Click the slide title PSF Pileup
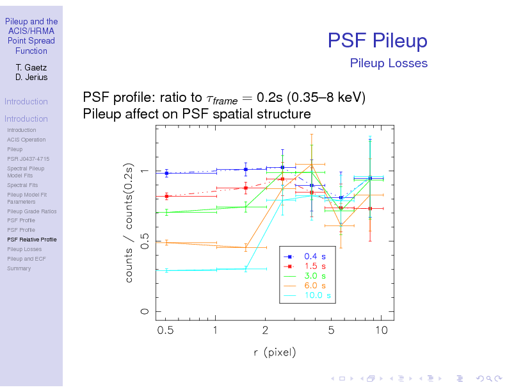377,41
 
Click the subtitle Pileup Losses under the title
389,63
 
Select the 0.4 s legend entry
314,255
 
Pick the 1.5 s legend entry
314,265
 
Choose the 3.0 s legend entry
314,275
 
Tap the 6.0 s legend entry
314,285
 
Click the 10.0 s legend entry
317,295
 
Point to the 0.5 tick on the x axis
166,331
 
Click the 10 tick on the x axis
381,331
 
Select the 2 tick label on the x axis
265,331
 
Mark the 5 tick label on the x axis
331,331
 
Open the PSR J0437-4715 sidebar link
28,159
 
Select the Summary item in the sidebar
19,268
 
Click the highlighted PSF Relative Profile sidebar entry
31,240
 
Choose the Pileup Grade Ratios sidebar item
31,211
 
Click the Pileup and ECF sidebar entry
26,259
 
